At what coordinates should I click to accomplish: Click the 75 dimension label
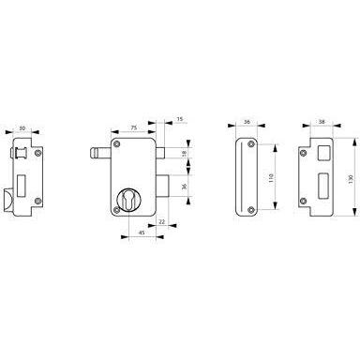(133, 127)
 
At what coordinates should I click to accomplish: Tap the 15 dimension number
(180, 119)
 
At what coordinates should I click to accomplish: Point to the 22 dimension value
(162, 221)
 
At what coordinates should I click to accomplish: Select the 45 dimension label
(142, 232)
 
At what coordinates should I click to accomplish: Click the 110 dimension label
(271, 178)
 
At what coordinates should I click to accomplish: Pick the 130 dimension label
(351, 179)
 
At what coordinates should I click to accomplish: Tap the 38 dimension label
(322, 122)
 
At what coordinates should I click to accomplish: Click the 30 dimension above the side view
(22, 127)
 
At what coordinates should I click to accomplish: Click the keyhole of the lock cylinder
(128, 200)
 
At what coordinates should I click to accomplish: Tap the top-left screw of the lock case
(117, 144)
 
